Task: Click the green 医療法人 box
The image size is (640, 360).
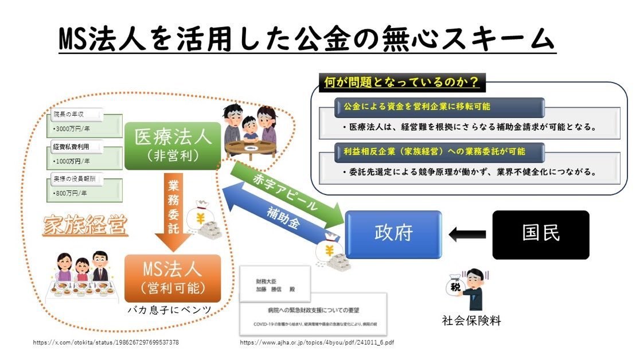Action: pyautogui.click(x=173, y=146)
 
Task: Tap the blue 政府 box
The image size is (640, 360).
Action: pyautogui.click(x=393, y=234)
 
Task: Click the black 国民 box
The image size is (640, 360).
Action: pyautogui.click(x=541, y=234)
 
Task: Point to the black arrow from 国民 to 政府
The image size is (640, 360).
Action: pyautogui.click(x=467, y=234)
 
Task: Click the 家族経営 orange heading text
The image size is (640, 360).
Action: pyautogui.click(x=84, y=226)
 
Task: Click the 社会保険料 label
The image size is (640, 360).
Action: pyautogui.click(x=471, y=321)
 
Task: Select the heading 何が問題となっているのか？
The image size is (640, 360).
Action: pyautogui.click(x=401, y=83)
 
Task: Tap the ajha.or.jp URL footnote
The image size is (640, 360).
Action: pyautogui.click(x=317, y=343)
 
